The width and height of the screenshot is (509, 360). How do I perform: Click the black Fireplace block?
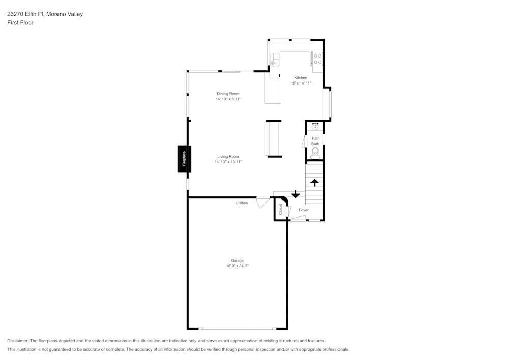pyautogui.click(x=184, y=159)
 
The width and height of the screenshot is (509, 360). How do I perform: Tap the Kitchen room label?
pyautogui.click(x=301, y=78)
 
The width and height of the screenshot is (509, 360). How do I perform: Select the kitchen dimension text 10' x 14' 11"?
pyautogui.click(x=301, y=83)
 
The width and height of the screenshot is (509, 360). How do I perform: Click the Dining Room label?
pyautogui.click(x=228, y=94)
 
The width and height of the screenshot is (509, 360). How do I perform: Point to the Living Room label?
pyautogui.click(x=228, y=157)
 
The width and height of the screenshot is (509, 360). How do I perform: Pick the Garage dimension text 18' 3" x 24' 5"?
pyautogui.click(x=237, y=266)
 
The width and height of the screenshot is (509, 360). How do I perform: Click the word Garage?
pyautogui.click(x=237, y=261)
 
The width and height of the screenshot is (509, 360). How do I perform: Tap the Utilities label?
pyautogui.click(x=242, y=203)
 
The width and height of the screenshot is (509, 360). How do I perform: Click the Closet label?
pyautogui.click(x=280, y=210)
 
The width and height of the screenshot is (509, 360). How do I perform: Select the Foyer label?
pyautogui.click(x=304, y=210)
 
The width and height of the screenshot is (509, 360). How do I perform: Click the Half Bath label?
pyautogui.click(x=315, y=141)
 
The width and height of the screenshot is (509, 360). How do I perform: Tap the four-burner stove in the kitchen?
pyautogui.click(x=317, y=59)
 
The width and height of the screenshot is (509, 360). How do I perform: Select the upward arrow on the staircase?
pyautogui.click(x=315, y=182)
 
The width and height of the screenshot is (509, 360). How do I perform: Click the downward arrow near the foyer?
pyautogui.click(x=295, y=194)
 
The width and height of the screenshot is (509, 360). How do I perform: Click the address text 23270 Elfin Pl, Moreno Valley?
pyautogui.click(x=45, y=14)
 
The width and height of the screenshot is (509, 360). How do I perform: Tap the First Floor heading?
pyautogui.click(x=20, y=23)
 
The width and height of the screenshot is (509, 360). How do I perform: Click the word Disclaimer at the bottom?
pyautogui.click(x=18, y=341)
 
